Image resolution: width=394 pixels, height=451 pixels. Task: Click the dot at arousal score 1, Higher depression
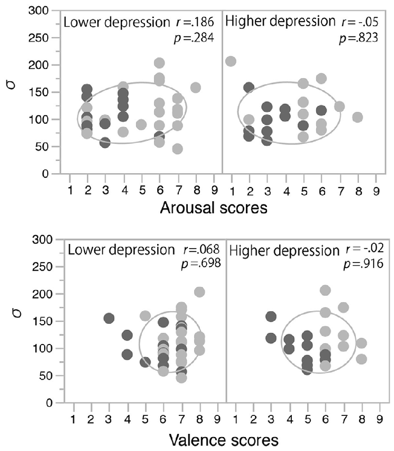coord(231,61)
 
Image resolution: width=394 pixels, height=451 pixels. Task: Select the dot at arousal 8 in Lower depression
coord(195,87)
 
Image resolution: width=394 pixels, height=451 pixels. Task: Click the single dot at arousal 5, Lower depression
coord(141,124)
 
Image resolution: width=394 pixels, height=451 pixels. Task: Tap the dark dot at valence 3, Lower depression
coord(109,318)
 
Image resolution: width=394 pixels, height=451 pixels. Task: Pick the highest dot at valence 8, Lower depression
coord(199,292)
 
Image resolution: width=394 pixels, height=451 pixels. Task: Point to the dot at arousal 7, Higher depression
coord(340,107)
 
